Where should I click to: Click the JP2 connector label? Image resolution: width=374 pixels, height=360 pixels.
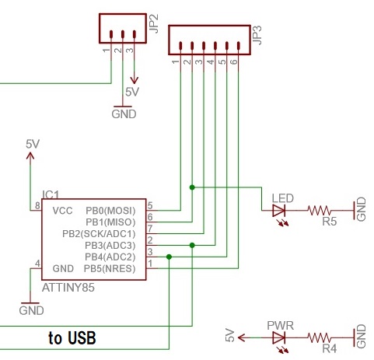[156, 29]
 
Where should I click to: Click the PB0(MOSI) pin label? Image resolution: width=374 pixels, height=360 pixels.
[110, 210]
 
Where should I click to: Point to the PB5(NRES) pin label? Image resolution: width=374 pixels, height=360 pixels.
[110, 268]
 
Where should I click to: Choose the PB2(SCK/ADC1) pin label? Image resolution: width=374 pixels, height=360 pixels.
[100, 233]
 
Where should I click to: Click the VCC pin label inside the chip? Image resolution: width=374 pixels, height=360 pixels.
[62, 210]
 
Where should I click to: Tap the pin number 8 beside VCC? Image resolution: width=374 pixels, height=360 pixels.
[36, 206]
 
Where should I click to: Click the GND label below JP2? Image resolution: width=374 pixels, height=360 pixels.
[124, 114]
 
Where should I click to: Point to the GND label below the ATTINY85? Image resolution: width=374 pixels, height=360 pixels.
[30, 310]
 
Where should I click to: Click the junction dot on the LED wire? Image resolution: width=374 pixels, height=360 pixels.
[191, 187]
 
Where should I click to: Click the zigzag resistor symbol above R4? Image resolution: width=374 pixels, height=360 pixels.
[320, 338]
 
